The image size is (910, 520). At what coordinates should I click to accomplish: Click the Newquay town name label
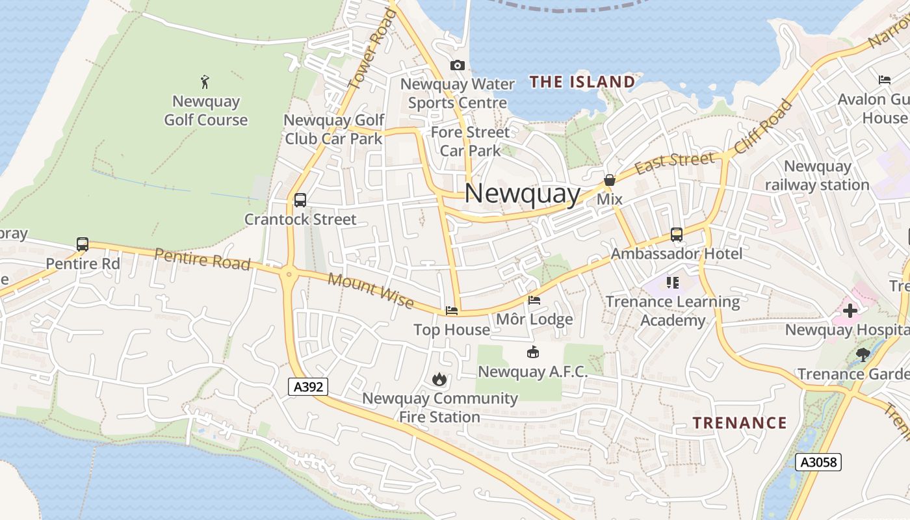click(522, 194)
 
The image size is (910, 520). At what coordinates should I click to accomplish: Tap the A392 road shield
click(309, 387)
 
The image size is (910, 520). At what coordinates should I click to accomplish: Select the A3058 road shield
click(818, 462)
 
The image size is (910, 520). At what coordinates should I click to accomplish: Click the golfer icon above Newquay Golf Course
click(205, 82)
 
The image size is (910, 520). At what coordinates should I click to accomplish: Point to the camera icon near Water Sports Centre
click(458, 65)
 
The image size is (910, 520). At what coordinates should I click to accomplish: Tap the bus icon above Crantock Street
click(300, 200)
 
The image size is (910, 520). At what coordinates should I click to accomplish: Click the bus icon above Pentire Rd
click(83, 244)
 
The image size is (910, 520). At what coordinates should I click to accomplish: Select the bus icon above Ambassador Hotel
click(677, 235)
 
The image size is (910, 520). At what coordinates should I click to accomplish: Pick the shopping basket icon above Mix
click(610, 180)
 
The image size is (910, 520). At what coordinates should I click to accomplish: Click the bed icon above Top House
click(452, 311)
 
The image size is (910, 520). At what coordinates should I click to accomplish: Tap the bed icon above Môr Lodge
click(534, 300)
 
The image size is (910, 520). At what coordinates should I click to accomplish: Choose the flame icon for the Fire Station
click(439, 379)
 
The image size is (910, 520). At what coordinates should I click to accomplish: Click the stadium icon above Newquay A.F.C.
click(532, 352)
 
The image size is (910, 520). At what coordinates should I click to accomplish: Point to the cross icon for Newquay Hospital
click(850, 310)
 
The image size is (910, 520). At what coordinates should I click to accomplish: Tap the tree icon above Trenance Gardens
click(863, 354)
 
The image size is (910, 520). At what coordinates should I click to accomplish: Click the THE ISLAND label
click(582, 82)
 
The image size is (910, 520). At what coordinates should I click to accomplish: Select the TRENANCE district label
click(739, 423)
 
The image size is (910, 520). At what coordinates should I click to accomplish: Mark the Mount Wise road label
click(370, 291)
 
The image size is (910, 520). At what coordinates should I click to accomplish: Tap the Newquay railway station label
click(817, 175)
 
